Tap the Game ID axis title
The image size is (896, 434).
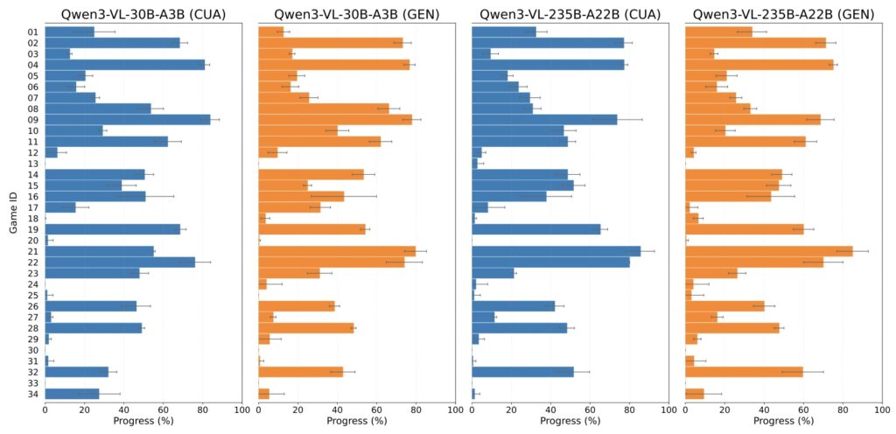pyautogui.click(x=13, y=213)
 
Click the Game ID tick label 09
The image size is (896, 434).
pyautogui.click(x=33, y=119)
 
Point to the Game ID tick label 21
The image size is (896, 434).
pyautogui.click(x=33, y=251)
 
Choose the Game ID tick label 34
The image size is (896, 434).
pyautogui.click(x=33, y=394)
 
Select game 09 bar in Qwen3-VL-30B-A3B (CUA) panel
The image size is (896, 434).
pyautogui.click(x=127, y=119)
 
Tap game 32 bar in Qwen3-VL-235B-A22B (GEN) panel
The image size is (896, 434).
pyautogui.click(x=745, y=372)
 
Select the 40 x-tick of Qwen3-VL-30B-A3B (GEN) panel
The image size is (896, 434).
pyautogui.click(x=338, y=409)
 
